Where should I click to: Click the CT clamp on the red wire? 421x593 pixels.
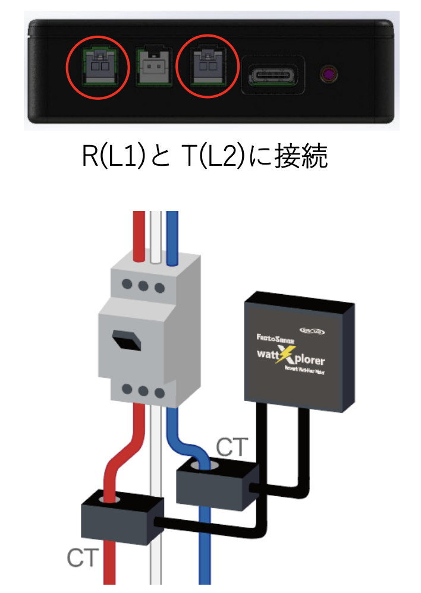click(122, 515)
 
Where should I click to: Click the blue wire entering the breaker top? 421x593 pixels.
click(172, 238)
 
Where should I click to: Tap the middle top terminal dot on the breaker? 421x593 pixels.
click(143, 285)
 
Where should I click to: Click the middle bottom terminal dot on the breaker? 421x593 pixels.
click(143, 390)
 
